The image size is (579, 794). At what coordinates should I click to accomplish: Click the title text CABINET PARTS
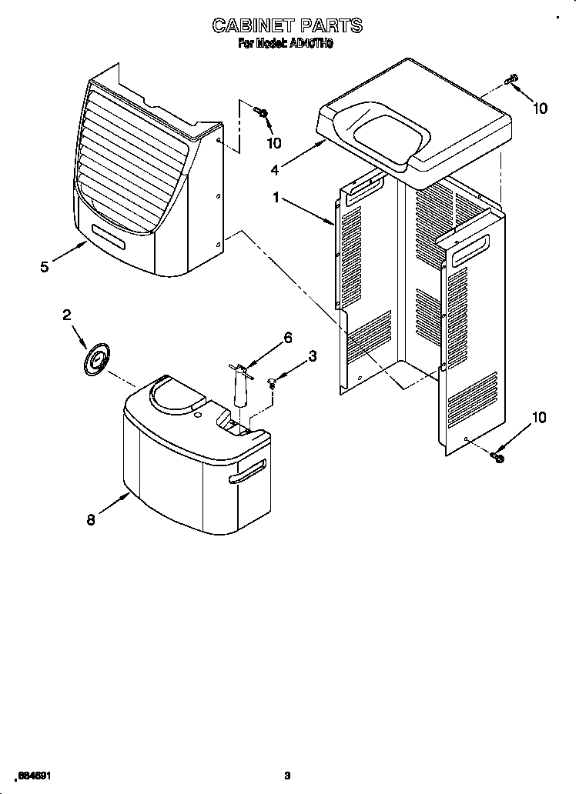point(287,25)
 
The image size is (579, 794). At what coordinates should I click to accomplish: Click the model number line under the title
point(286,45)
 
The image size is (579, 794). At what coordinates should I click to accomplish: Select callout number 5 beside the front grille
point(45,267)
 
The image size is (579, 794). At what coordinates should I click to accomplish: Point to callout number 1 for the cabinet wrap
point(276,197)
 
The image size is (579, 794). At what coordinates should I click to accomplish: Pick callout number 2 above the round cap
point(67,314)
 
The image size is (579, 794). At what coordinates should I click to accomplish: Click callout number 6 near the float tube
point(288,337)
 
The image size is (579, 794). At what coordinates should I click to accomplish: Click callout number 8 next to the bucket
point(91,519)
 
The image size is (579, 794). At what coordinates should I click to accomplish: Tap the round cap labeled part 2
point(96,359)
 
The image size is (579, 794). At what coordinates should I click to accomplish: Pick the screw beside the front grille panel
point(263,114)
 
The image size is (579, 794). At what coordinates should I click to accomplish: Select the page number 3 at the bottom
point(288,775)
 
